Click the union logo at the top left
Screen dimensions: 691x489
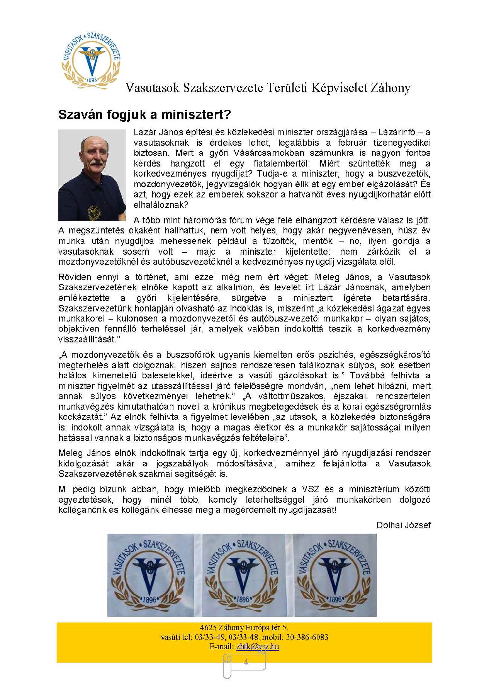(x=91, y=60)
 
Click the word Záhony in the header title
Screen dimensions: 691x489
(x=390, y=88)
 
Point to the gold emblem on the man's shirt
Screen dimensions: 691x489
(x=94, y=213)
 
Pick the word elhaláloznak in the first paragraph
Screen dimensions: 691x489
(x=161, y=205)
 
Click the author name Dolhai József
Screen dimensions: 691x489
(x=403, y=525)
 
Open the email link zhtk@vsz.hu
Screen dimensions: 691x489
(x=258, y=646)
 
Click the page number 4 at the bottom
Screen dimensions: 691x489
(x=246, y=662)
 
